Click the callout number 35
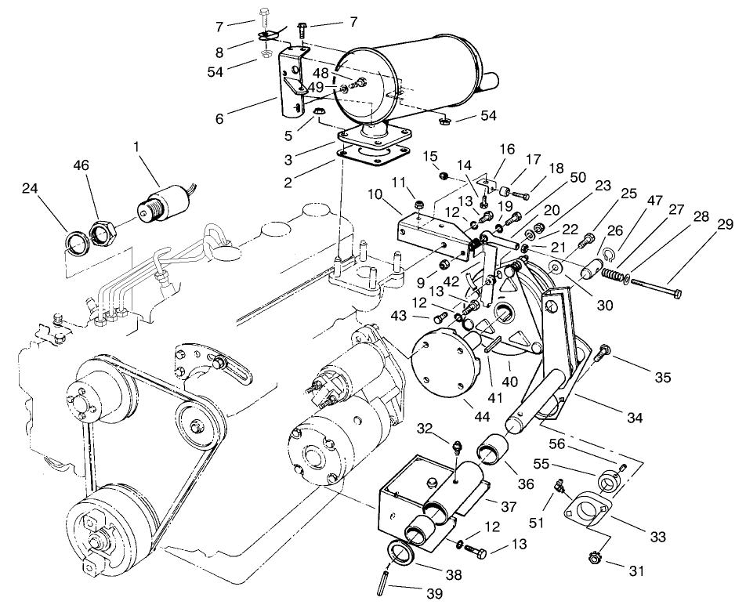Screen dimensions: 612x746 tap(663, 377)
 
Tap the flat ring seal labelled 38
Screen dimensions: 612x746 tap(404, 555)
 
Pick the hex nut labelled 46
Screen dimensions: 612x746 tap(103, 232)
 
